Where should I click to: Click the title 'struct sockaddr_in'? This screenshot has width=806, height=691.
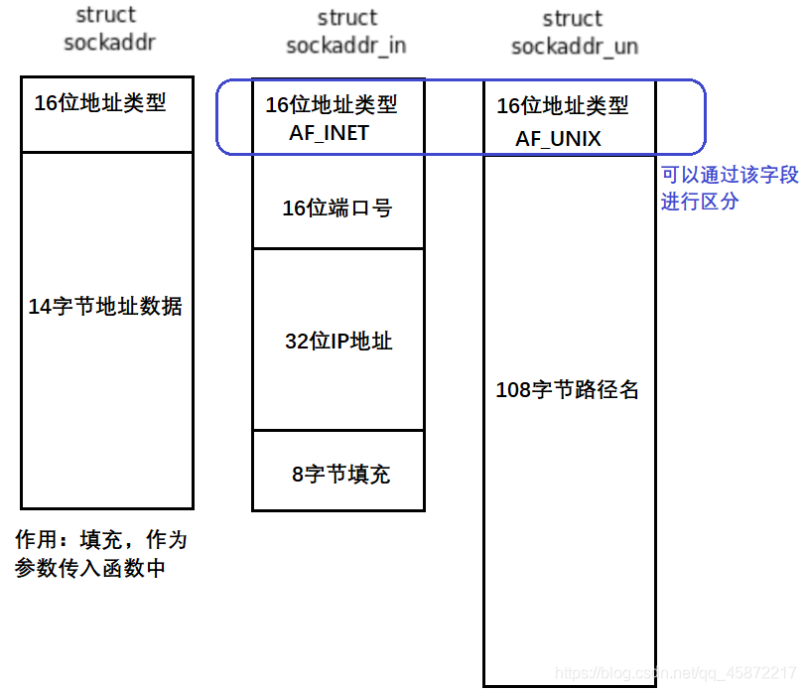(x=346, y=32)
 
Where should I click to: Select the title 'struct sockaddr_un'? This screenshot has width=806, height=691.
(x=574, y=33)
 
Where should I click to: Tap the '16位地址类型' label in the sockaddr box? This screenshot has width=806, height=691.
(x=100, y=102)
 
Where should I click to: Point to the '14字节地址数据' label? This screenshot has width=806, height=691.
(x=105, y=307)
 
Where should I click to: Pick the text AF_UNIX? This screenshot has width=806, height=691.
(x=558, y=138)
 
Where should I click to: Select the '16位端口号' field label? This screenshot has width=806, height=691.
(x=336, y=207)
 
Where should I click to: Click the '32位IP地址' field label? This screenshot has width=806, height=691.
(x=338, y=342)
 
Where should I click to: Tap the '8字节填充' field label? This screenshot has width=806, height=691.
(x=340, y=474)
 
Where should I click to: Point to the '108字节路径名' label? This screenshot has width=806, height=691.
(x=567, y=390)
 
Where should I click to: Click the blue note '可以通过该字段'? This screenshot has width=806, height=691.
(x=730, y=176)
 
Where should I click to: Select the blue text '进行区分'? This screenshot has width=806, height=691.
(x=700, y=202)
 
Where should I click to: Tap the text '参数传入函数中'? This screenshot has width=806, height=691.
(x=89, y=569)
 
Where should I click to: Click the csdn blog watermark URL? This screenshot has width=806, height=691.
(x=676, y=673)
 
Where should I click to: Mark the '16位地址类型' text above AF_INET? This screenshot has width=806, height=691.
(x=332, y=104)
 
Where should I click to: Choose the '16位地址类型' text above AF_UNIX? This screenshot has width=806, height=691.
(x=563, y=105)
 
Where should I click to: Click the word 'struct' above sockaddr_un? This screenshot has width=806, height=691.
(x=573, y=19)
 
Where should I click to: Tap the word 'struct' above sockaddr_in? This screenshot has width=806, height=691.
(x=347, y=18)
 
